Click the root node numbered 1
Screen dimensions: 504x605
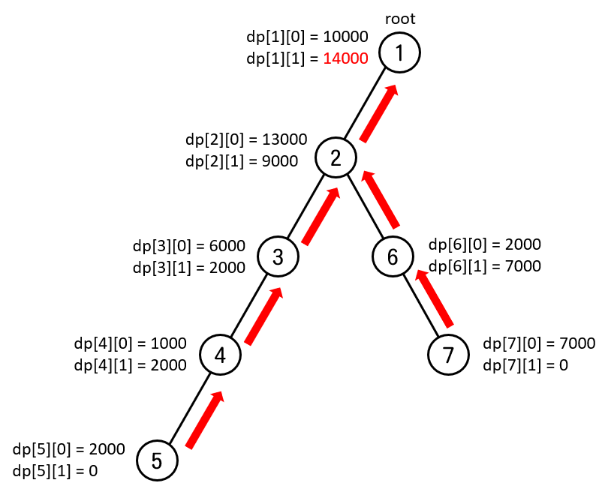pyautogui.click(x=399, y=52)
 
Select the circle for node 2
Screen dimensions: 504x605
pyautogui.click(x=336, y=157)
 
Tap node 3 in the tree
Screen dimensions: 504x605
pyautogui.click(x=278, y=257)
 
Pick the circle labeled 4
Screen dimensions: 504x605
pyautogui.click(x=220, y=355)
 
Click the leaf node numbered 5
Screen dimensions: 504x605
pyautogui.click(x=157, y=460)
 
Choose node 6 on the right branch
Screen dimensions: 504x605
pyautogui.click(x=393, y=256)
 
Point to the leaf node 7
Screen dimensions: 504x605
pyautogui.click(x=448, y=355)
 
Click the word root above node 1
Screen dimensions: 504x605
pyautogui.click(x=399, y=19)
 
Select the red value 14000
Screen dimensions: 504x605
pyautogui.click(x=345, y=58)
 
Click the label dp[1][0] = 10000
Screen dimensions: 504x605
pyautogui.click(x=306, y=36)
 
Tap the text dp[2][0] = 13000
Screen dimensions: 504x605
pyautogui.click(x=245, y=139)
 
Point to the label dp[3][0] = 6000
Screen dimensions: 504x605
pyautogui.click(x=188, y=245)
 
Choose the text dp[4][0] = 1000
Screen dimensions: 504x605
pyautogui.click(x=130, y=343)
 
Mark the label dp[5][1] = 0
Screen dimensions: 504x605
pyautogui.click(x=55, y=471)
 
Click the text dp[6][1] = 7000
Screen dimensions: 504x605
pyautogui.click(x=484, y=265)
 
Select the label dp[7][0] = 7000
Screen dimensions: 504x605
pyautogui.click(x=539, y=343)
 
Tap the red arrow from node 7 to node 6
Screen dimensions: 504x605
pyautogui.click(x=435, y=298)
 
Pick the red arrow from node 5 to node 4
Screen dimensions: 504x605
pyautogui.click(x=206, y=420)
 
